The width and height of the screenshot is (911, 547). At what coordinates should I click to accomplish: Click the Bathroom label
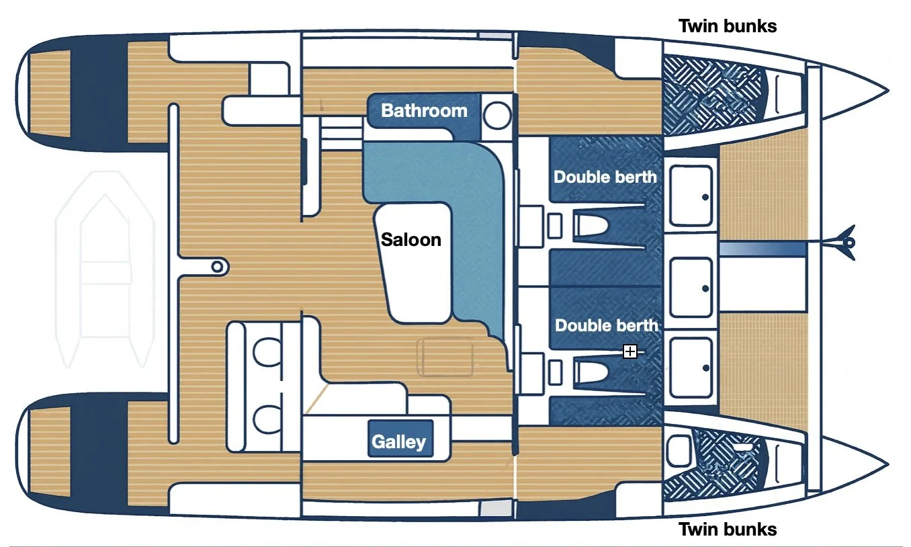point(424,110)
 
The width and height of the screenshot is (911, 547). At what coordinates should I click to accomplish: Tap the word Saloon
point(411,239)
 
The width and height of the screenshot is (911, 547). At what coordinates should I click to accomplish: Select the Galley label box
point(399,441)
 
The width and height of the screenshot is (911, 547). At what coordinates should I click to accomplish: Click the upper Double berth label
point(605,177)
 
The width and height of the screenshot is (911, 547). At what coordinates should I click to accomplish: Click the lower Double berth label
point(606,325)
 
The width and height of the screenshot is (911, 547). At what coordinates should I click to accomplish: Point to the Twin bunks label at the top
point(728,26)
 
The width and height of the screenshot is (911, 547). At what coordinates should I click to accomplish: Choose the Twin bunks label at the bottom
point(728,529)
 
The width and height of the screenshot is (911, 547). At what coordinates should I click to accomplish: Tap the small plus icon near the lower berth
point(630,351)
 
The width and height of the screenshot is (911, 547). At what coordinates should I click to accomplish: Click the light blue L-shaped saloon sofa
point(484,202)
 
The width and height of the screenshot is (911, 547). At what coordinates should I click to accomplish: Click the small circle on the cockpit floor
point(217,267)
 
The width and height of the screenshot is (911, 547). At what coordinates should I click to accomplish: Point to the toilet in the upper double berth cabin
point(593,225)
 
